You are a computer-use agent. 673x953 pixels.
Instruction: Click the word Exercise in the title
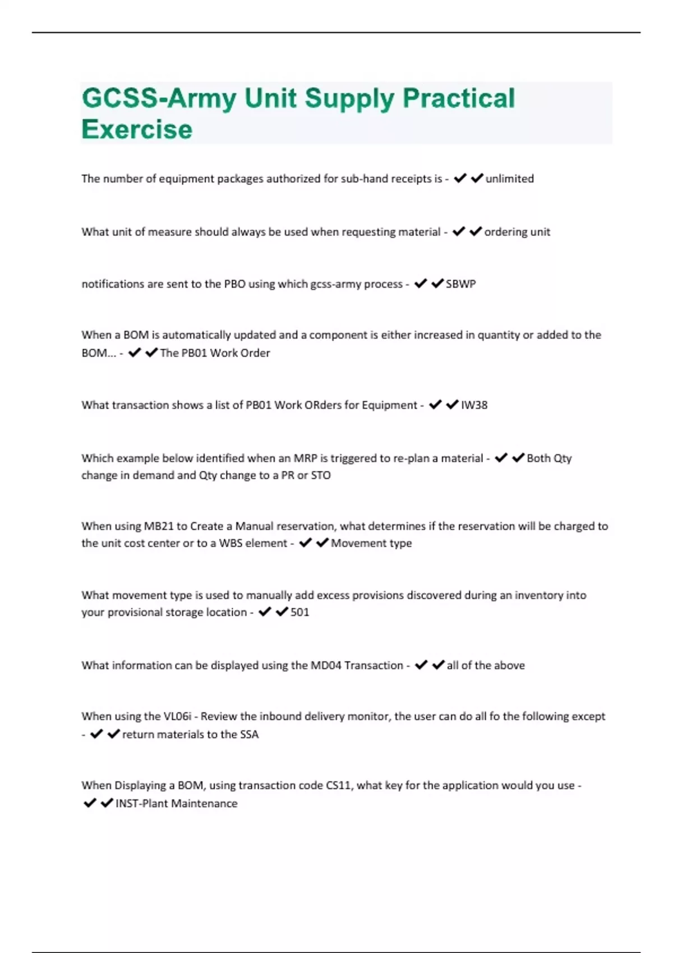coord(137,129)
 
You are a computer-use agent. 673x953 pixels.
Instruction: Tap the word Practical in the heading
coord(458,98)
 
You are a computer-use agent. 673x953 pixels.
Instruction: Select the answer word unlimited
coord(509,179)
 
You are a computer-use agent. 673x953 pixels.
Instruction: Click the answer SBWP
coord(460,284)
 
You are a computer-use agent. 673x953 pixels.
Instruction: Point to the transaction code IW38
coord(474,405)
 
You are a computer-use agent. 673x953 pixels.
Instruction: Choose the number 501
coord(299,612)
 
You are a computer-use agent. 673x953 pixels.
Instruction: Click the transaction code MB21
coord(159,526)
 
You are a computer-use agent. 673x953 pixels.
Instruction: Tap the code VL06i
coord(177,716)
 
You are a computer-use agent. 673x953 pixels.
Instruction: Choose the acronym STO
coord(321,475)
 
